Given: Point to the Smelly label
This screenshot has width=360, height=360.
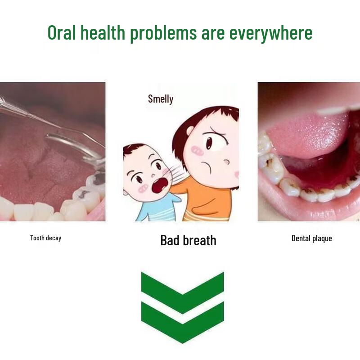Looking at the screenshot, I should (161, 99).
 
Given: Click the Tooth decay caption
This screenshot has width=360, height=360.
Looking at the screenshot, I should (45, 238).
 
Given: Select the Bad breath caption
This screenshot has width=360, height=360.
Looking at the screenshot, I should (188, 240).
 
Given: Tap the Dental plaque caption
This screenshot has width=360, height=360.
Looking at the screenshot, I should (311, 238).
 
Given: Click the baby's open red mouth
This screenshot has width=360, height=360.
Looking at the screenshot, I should (158, 185).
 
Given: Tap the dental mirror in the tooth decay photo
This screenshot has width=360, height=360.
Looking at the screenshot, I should (76, 144).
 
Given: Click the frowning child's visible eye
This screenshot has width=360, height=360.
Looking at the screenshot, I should (209, 143).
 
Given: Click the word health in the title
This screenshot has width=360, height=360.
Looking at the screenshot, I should (103, 33).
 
